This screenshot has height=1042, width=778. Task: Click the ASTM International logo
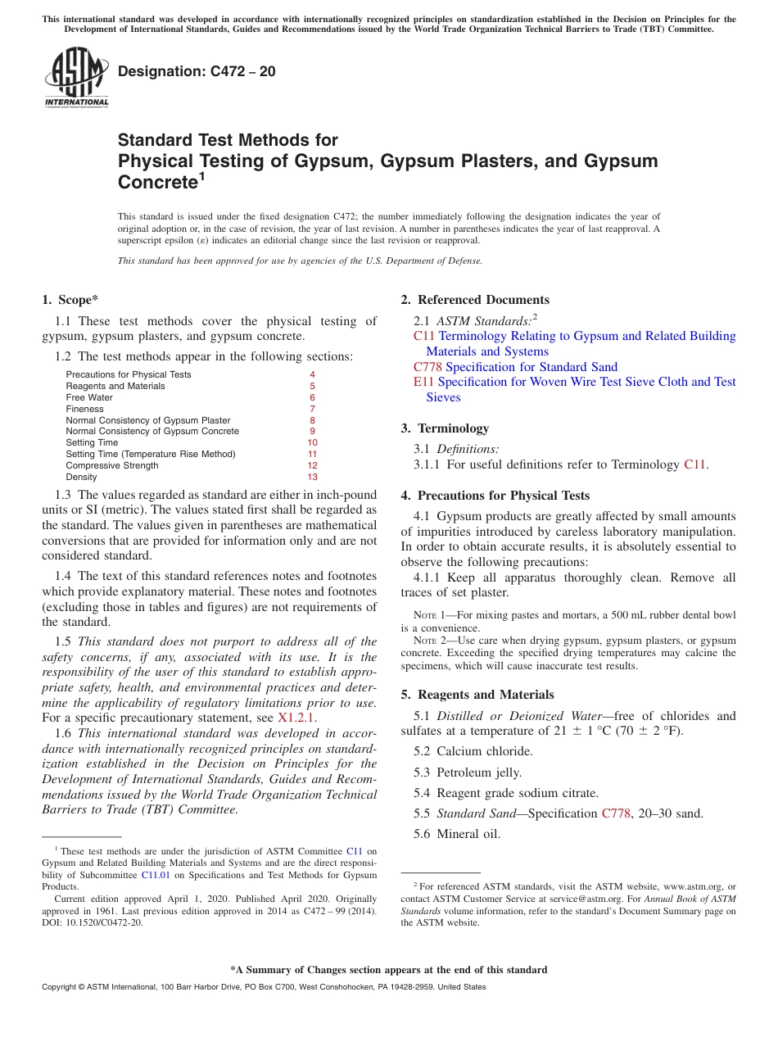coord(75,77)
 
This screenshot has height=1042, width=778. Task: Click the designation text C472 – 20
coord(197,71)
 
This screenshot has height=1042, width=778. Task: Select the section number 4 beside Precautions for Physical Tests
coord(312,374)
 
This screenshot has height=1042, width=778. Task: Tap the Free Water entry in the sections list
coord(89,397)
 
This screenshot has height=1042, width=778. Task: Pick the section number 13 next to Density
coord(312,477)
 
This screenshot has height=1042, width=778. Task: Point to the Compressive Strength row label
coord(112,465)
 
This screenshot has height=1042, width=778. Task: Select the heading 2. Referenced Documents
coord(475,300)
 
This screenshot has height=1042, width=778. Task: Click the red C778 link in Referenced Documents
coord(427,367)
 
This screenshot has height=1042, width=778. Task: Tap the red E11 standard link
coord(424,382)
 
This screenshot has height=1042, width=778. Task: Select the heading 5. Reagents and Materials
coord(477,695)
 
